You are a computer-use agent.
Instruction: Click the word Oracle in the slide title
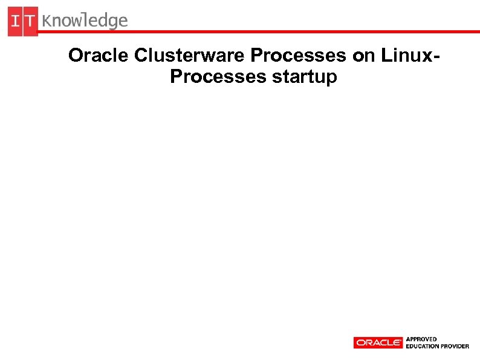click(99, 56)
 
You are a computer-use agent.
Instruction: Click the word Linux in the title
click(405, 56)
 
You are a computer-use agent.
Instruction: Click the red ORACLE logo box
click(378, 342)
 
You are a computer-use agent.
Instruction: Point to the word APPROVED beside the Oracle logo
click(422, 339)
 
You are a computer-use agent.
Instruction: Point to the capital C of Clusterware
click(140, 56)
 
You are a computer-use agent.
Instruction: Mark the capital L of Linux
click(385, 56)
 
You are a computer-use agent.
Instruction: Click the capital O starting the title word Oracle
click(76, 56)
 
